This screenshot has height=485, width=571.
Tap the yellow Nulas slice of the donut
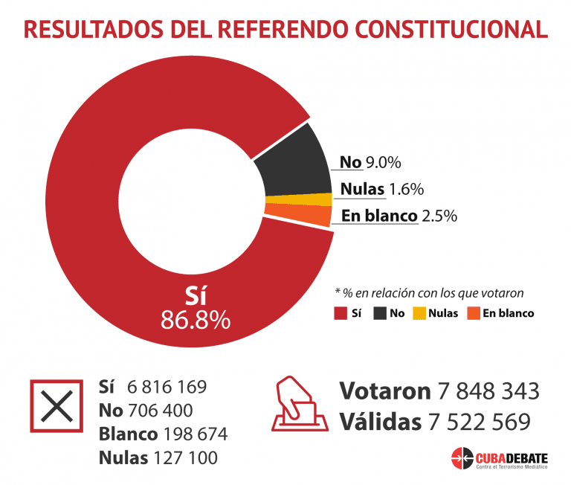click(x=299, y=199)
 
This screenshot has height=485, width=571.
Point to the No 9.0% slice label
click(x=370, y=162)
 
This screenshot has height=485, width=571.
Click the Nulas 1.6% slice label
click(x=381, y=189)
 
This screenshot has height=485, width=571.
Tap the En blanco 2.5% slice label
click(x=399, y=216)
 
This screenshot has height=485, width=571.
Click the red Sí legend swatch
click(x=341, y=313)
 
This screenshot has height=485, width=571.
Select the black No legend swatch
click(x=381, y=313)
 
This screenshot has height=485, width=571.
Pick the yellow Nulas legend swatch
click(x=420, y=313)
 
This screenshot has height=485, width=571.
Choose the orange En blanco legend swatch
click(x=473, y=313)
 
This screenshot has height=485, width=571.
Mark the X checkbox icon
click(x=56, y=405)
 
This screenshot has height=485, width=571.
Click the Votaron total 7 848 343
click(x=487, y=391)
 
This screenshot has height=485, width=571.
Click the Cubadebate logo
click(x=499, y=457)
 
